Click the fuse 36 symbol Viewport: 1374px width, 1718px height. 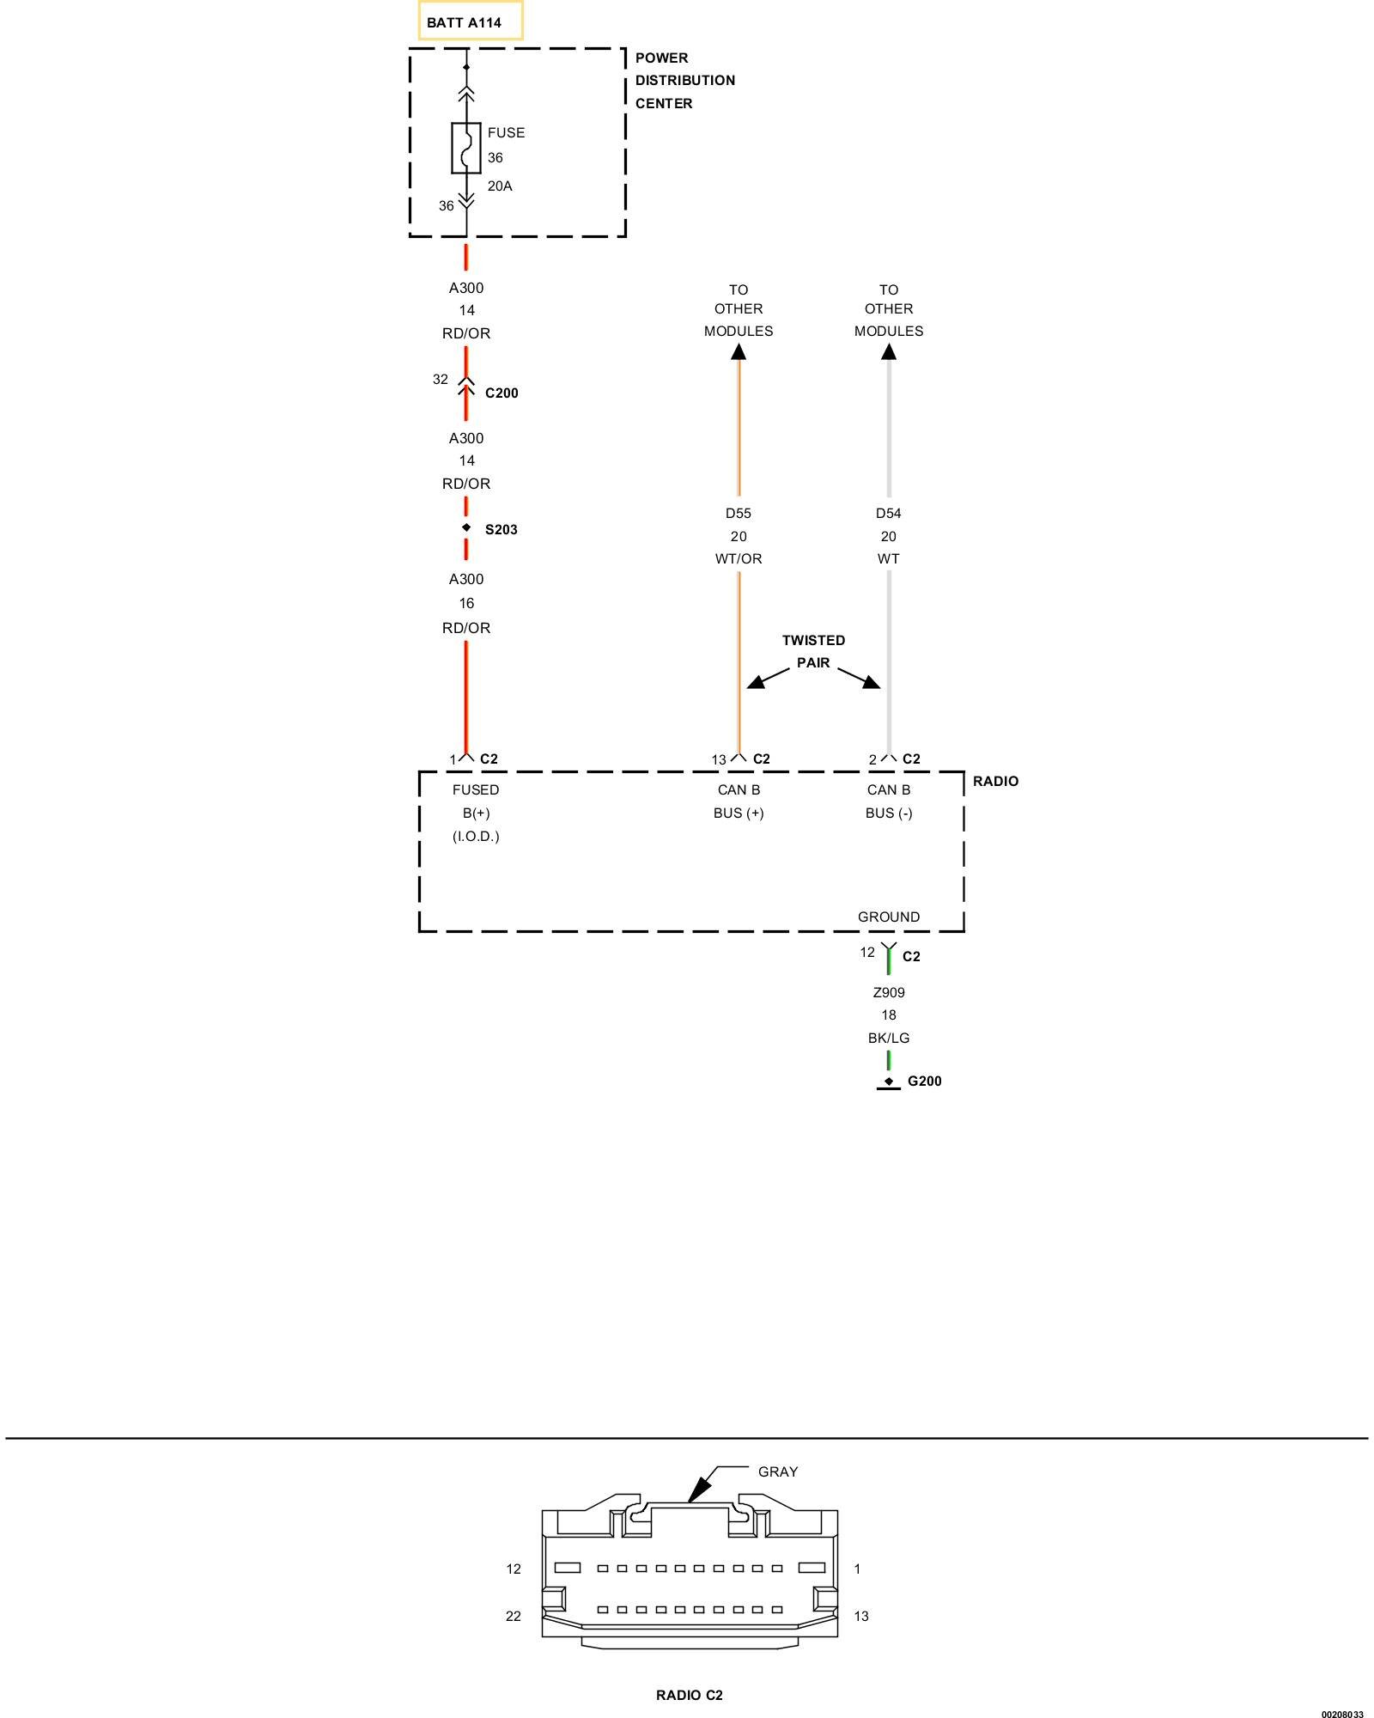click(466, 148)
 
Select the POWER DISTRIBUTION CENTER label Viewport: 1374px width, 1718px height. click(684, 81)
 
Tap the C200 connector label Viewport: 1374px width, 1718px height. click(502, 393)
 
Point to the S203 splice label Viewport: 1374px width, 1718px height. click(501, 530)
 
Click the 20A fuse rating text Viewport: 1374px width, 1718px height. click(500, 186)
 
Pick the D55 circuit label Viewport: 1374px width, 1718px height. click(738, 514)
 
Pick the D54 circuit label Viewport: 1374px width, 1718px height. click(888, 514)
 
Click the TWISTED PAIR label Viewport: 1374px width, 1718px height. click(813, 652)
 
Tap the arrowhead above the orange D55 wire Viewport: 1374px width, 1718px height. click(739, 351)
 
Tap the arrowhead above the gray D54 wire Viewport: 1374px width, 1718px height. click(889, 351)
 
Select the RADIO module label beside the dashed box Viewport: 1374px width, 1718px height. click(995, 782)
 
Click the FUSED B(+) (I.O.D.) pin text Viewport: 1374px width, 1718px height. click(476, 813)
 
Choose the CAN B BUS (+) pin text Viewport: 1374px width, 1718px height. click(739, 801)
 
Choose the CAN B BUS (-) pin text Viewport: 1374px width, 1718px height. click(889, 801)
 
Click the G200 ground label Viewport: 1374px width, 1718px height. click(924, 1081)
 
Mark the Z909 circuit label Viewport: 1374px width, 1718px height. click(889, 993)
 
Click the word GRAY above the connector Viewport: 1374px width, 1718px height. click(778, 1472)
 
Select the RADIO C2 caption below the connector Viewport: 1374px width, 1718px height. click(689, 1696)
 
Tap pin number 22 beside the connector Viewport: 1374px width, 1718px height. click(514, 1617)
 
